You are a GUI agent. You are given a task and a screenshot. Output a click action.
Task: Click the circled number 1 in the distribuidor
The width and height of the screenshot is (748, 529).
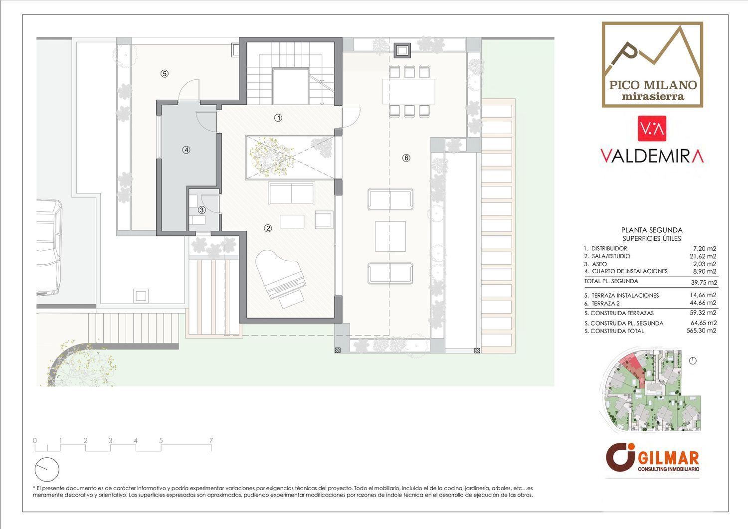pyautogui.click(x=278, y=118)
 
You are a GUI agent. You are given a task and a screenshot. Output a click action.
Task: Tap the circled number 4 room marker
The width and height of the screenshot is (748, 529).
pyautogui.click(x=187, y=150)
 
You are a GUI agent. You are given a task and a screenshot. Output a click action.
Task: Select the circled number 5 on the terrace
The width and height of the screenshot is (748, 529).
pyautogui.click(x=164, y=73)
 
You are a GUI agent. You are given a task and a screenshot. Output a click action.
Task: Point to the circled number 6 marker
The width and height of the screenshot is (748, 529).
pyautogui.click(x=406, y=158)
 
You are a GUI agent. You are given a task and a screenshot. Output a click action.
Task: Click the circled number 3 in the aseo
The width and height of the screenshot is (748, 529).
pyautogui.click(x=201, y=210)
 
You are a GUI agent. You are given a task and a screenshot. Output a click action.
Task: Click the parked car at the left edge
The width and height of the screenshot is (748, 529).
pyautogui.click(x=49, y=247)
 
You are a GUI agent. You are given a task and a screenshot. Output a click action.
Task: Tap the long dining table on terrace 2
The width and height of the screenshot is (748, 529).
pyautogui.click(x=409, y=91)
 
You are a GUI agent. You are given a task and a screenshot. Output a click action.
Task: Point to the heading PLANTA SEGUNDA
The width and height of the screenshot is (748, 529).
pyautogui.click(x=652, y=230)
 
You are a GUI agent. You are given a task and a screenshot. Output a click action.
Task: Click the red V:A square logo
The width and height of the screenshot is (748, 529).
pyautogui.click(x=652, y=129)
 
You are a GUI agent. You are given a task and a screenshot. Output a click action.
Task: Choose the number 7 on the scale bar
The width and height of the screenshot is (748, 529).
pyautogui.click(x=211, y=440)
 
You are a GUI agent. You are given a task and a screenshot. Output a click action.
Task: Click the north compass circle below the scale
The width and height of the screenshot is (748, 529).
pyautogui.click(x=47, y=469)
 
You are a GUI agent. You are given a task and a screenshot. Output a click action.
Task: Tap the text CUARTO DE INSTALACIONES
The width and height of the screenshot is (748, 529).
pyautogui.click(x=630, y=271)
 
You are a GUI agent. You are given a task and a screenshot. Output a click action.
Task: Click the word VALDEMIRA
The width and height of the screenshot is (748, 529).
pyautogui.click(x=652, y=156)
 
